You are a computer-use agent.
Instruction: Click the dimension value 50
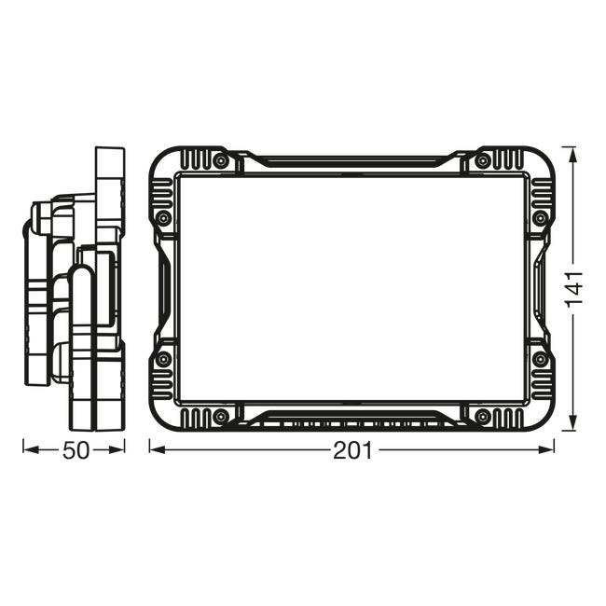click(x=76, y=450)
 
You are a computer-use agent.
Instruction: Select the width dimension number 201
click(x=352, y=450)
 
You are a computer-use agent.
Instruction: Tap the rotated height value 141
click(x=574, y=290)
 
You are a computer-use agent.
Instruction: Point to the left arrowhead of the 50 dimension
click(x=31, y=450)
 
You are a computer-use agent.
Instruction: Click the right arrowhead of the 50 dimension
click(x=117, y=450)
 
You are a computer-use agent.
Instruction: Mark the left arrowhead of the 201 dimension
click(x=158, y=449)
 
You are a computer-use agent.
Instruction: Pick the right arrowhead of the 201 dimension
click(x=546, y=449)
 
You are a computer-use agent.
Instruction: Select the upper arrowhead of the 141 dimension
click(x=573, y=155)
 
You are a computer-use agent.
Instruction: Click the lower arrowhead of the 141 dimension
click(x=573, y=422)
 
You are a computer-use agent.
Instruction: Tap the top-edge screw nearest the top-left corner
click(x=221, y=160)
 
